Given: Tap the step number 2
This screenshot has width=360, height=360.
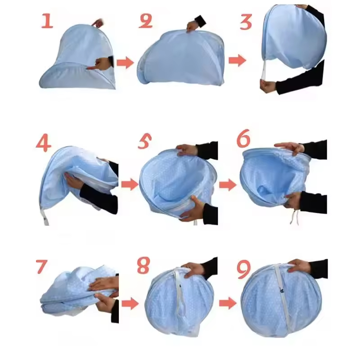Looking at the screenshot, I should pos(145,21).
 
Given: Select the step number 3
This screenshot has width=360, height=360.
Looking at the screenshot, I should pos(246,22).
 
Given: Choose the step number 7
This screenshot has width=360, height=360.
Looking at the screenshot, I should pos(41,266).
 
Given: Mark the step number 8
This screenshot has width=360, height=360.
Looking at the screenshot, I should pos(143,266).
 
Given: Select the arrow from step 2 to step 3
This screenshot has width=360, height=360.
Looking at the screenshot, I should pos(237,60).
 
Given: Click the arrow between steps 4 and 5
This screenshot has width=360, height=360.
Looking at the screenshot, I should pos(130,184).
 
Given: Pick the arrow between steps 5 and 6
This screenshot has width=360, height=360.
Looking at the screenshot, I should pos(228,184).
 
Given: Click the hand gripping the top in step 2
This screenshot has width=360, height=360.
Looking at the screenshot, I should pos(193,25).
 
